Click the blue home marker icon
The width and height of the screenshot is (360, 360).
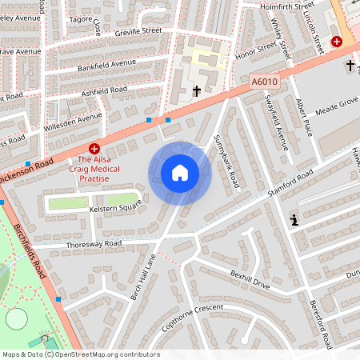[179, 173]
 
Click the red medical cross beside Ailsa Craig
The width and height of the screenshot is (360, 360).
[94, 148]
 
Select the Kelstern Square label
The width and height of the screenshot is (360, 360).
[114, 206]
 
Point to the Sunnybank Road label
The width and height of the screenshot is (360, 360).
[226, 161]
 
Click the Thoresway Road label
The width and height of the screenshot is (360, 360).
[94, 242]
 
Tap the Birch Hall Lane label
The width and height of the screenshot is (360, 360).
[139, 274]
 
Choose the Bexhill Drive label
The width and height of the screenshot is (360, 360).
[250, 278]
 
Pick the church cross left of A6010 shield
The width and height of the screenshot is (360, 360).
[197, 91]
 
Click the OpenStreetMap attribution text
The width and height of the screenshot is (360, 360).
[80, 354]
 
